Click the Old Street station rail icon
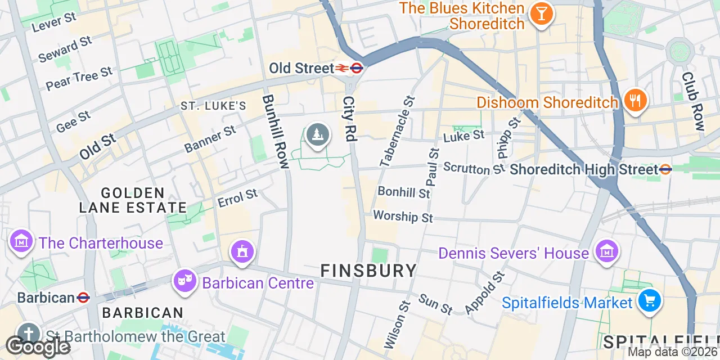click(342, 68)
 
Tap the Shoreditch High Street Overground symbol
click(665, 169)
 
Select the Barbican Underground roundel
click(83, 297)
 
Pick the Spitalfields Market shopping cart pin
click(650, 301)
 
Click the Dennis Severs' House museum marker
click(606, 251)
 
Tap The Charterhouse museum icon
click(20, 241)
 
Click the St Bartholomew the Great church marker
click(28, 334)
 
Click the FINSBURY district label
click(368, 271)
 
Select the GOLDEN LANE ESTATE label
click(133, 200)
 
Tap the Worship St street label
click(403, 217)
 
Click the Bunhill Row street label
click(275, 132)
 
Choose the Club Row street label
click(692, 101)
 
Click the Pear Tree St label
click(79, 79)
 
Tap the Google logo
click(37, 346)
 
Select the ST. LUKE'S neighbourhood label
click(213, 106)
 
